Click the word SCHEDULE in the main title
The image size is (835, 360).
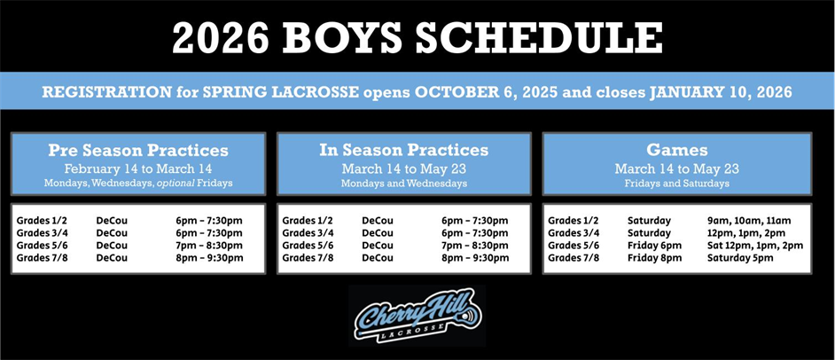click(x=539, y=38)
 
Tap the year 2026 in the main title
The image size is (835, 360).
click(x=221, y=38)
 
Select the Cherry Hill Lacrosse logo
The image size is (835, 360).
click(x=417, y=316)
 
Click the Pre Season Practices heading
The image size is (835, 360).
click(x=138, y=150)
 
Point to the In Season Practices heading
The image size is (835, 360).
click(x=404, y=150)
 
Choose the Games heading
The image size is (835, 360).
click(x=677, y=150)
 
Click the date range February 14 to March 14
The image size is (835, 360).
click(x=138, y=168)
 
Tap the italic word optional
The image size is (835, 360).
click(x=176, y=184)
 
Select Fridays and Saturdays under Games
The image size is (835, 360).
click(x=677, y=184)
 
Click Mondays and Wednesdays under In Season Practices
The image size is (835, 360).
click(x=404, y=184)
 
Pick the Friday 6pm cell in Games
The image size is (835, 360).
click(x=654, y=246)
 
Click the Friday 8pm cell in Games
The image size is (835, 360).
click(x=654, y=258)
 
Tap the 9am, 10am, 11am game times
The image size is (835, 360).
click(x=749, y=221)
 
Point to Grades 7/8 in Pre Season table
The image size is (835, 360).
click(x=42, y=258)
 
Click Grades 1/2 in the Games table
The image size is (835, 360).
click(x=574, y=221)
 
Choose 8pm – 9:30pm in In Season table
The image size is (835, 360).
click(x=475, y=258)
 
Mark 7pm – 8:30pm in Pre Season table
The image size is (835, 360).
click(x=209, y=246)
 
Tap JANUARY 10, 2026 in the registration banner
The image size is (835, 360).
click(x=721, y=92)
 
